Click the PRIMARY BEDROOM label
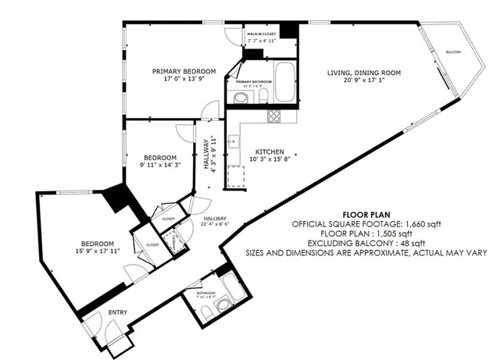click(184, 71)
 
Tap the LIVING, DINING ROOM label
click(363, 73)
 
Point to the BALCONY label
click(453, 52)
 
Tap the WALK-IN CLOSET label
click(262, 35)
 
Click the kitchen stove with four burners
click(275, 116)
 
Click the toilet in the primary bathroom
click(263, 96)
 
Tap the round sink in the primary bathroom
click(240, 98)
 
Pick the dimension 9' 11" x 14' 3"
click(159, 165)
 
